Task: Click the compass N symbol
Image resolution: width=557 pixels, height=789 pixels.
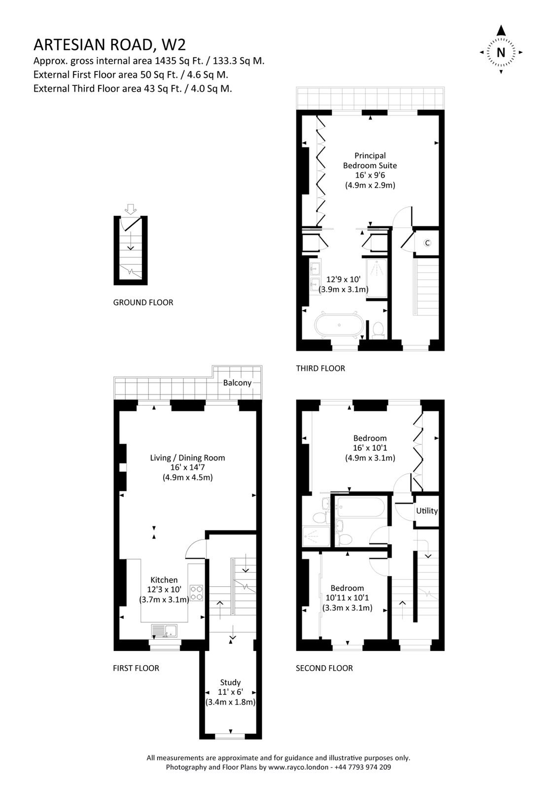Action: (x=501, y=52)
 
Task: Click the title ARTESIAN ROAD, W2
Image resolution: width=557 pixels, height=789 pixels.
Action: (x=109, y=45)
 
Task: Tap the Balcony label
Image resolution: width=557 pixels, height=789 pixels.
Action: (x=237, y=383)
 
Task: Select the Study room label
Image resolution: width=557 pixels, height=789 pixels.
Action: (x=230, y=682)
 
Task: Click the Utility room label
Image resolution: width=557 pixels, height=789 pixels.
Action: (x=426, y=511)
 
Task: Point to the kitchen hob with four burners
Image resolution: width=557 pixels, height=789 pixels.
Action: (x=197, y=592)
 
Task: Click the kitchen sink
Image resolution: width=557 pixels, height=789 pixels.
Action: (x=165, y=631)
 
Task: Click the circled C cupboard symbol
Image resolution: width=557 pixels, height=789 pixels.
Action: (x=427, y=243)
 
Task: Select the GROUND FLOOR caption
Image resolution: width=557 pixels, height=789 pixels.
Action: (x=143, y=302)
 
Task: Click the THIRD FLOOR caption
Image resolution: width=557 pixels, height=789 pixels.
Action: (x=320, y=368)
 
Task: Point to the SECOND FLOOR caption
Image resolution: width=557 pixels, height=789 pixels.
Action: (x=324, y=668)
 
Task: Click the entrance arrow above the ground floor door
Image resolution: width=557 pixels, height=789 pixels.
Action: (x=130, y=209)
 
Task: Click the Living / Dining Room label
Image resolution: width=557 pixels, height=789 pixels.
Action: (x=187, y=458)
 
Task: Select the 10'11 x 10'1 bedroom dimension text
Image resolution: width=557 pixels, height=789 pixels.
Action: (x=347, y=598)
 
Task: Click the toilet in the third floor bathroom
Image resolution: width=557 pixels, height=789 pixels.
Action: (x=379, y=329)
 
